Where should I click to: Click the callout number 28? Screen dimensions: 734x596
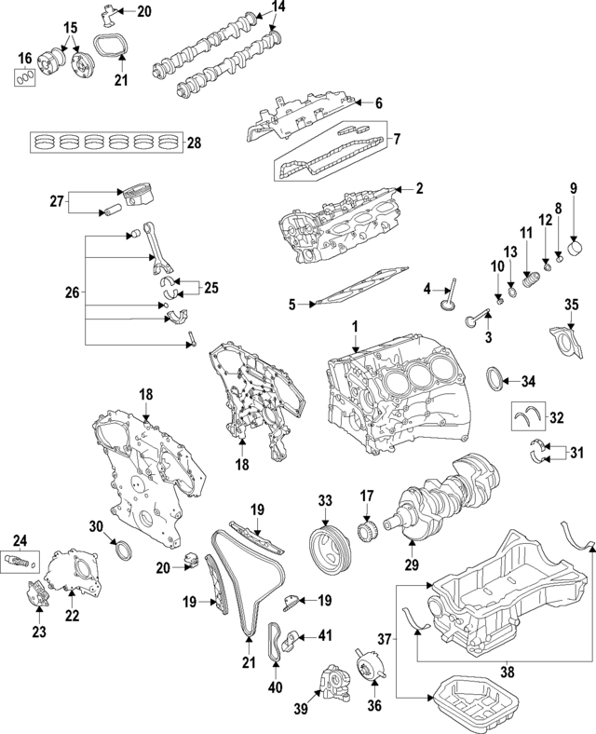tap(194, 143)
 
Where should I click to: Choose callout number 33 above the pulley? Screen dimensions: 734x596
tap(324, 500)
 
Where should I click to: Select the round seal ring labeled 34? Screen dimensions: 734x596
tap(500, 380)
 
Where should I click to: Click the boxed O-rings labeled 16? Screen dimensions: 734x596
tap(26, 76)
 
